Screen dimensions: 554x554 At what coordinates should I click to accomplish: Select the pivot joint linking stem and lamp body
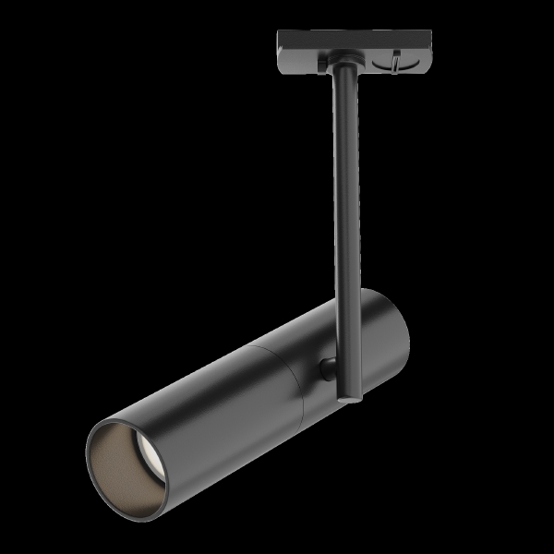coord(329,369)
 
